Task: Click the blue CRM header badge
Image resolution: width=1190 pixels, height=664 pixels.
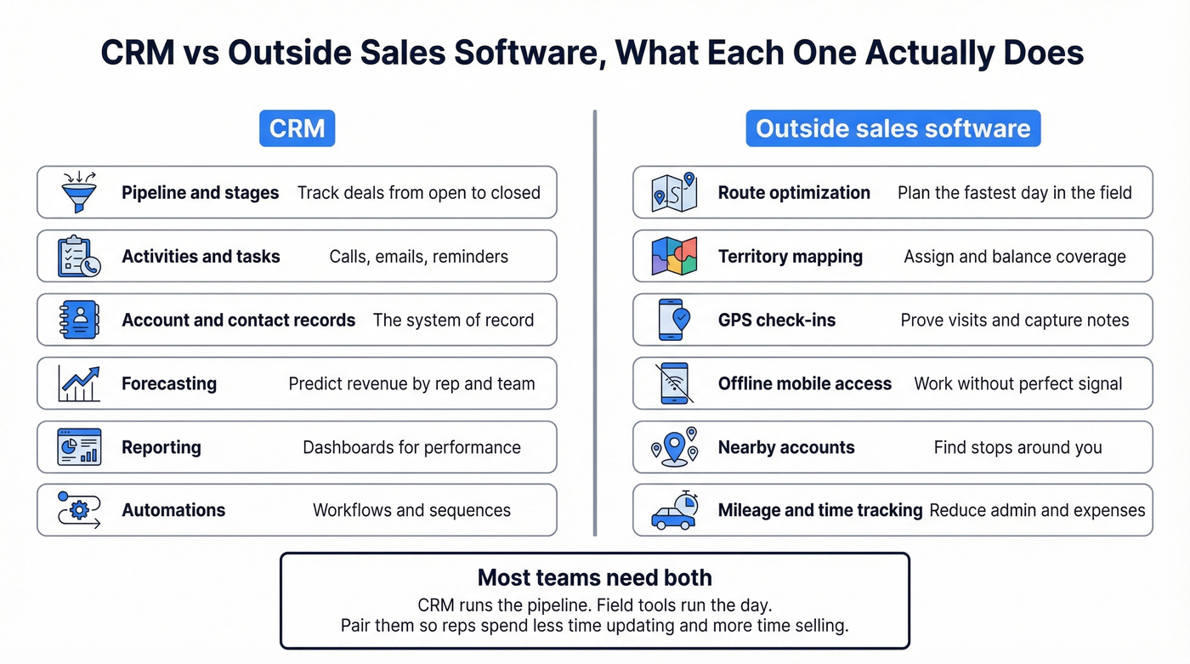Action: tap(297, 128)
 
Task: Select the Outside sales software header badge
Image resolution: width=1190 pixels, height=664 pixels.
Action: tap(892, 128)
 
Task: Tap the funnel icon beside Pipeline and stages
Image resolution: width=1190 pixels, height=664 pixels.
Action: tap(79, 192)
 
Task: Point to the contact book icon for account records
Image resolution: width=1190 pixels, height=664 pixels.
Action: tap(79, 320)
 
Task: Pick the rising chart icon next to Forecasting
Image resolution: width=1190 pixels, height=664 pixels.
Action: tap(79, 383)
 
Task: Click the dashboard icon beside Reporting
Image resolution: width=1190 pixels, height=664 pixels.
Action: tap(79, 447)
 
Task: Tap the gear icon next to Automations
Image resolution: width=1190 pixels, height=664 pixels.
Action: tap(79, 510)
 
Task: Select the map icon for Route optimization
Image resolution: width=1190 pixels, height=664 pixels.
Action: tap(674, 192)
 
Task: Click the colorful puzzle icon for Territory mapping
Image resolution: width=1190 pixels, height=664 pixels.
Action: tap(674, 256)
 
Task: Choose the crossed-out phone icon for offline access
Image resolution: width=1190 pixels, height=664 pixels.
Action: tap(674, 383)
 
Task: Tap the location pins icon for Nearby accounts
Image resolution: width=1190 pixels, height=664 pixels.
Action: tap(674, 447)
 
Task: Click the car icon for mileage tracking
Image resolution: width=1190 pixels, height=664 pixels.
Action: tap(674, 510)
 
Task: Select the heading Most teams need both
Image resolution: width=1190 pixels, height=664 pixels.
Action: tap(594, 578)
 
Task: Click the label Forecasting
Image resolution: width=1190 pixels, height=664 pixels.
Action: tap(169, 383)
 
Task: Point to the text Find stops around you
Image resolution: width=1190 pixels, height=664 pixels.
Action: tap(1017, 447)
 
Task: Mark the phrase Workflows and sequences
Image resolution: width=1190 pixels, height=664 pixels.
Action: tap(411, 510)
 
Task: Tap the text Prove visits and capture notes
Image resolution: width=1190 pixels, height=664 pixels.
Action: tap(1015, 320)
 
